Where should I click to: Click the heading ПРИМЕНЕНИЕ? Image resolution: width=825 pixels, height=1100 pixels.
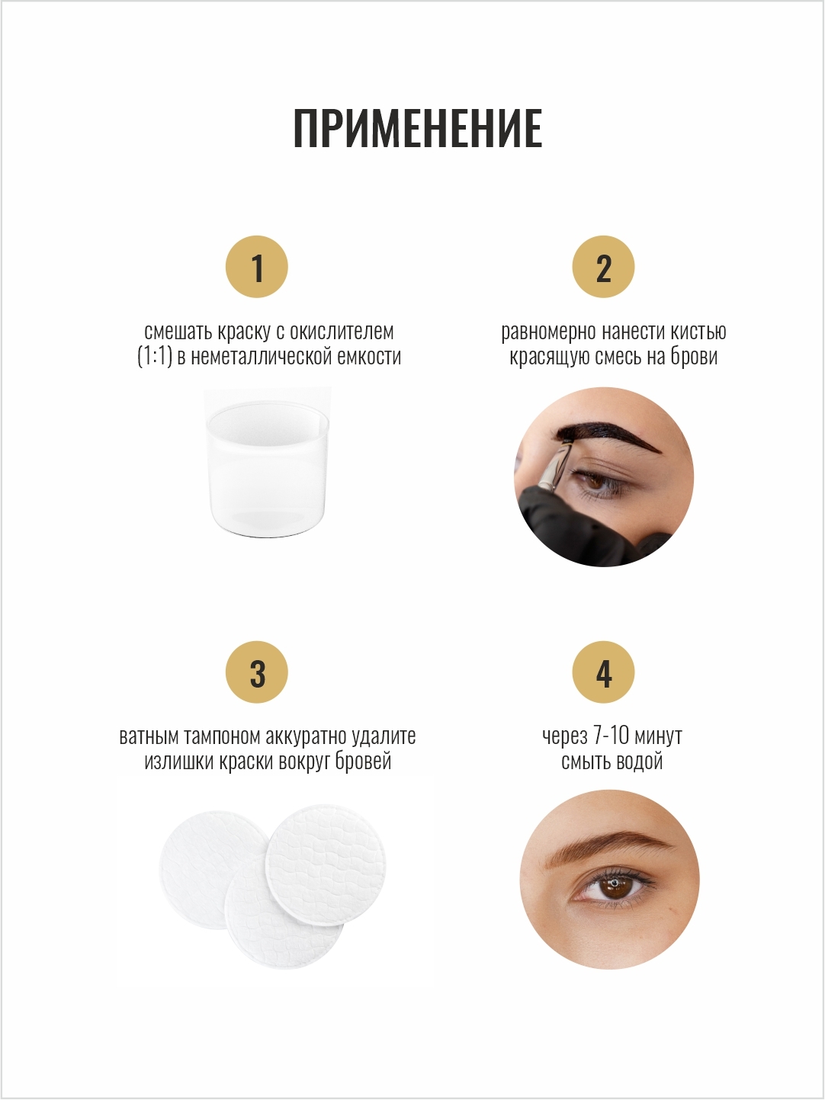(x=418, y=129)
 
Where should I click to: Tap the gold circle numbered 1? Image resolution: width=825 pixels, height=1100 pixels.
(x=257, y=267)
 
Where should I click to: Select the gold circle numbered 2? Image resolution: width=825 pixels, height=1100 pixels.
(x=603, y=267)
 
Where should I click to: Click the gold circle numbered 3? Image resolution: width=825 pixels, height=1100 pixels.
(x=257, y=672)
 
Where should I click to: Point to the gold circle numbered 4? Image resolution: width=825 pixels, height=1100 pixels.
(x=603, y=672)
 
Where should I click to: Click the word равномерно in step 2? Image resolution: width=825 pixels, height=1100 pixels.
(x=549, y=332)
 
